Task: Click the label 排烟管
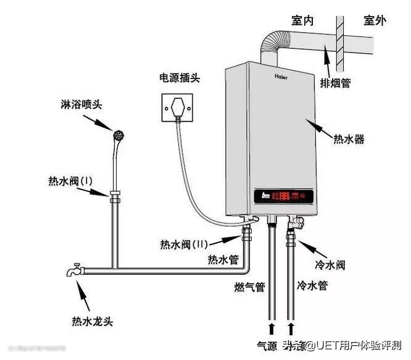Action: pyautogui.click(x=336, y=82)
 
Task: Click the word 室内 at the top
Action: pyautogui.click(x=302, y=21)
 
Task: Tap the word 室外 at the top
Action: pyautogui.click(x=374, y=21)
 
